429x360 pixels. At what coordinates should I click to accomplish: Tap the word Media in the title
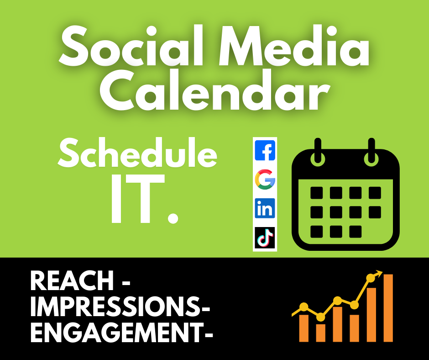[x=294, y=46]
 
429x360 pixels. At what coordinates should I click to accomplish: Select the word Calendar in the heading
[x=214, y=90]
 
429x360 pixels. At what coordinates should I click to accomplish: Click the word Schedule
[x=137, y=153]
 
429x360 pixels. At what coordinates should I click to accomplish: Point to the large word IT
[x=137, y=198]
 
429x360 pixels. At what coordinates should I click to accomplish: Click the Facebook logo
[x=265, y=150]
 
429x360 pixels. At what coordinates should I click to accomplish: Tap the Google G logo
[x=265, y=180]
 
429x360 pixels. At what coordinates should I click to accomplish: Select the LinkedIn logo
[x=265, y=208]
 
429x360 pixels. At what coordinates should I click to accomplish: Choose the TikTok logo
[x=265, y=238]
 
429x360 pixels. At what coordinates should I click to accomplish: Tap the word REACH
[x=72, y=281]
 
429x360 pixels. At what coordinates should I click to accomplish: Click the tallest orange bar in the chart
[x=388, y=308]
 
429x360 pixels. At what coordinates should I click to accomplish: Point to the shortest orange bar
[x=321, y=333]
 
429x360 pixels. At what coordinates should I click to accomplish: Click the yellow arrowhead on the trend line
[x=379, y=273]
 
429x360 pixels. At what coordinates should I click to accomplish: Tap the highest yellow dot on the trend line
[x=371, y=278]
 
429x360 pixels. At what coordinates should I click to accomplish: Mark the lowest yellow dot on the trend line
[x=321, y=317]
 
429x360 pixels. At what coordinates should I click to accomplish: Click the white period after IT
[x=173, y=217]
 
